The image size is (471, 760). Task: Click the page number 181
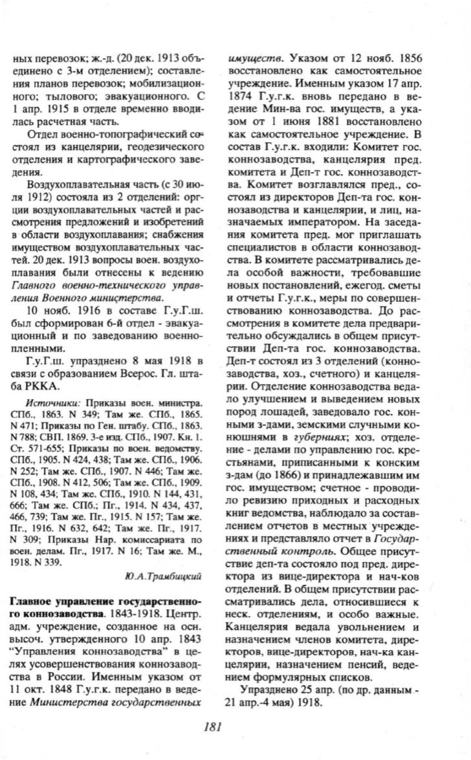[x=213, y=726]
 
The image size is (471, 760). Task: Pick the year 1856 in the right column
[x=410, y=60]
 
